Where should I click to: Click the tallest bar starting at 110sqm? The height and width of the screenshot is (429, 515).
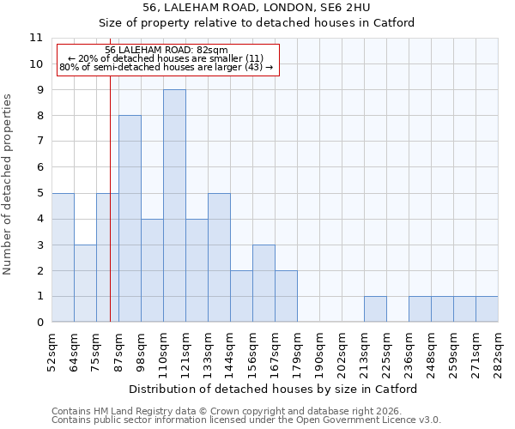pyautogui.click(x=174, y=206)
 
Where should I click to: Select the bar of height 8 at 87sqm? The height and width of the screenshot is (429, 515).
pyautogui.click(x=130, y=219)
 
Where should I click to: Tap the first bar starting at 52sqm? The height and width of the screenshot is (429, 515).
pyautogui.click(x=63, y=257)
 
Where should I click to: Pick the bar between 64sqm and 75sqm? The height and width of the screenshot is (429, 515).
pyautogui.click(x=85, y=283)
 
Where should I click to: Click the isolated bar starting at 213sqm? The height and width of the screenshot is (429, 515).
pyautogui.click(x=375, y=309)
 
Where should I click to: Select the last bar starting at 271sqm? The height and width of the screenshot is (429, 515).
pyautogui.click(x=487, y=309)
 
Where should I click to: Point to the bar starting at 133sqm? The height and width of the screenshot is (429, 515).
pyautogui.click(x=219, y=257)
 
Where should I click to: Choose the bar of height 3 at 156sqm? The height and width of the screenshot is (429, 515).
pyautogui.click(x=264, y=283)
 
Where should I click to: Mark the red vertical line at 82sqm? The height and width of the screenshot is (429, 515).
pyautogui.click(x=111, y=214)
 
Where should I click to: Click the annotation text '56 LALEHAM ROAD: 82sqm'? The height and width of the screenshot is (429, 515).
pyautogui.click(x=167, y=50)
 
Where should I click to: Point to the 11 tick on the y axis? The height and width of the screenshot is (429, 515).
pyautogui.click(x=35, y=38)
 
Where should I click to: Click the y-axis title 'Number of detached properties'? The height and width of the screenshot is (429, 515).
pyautogui.click(x=9, y=184)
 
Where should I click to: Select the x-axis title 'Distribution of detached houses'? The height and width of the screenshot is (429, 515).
pyautogui.click(x=275, y=389)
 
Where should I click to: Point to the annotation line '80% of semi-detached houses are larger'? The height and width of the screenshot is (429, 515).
pyautogui.click(x=167, y=67)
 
